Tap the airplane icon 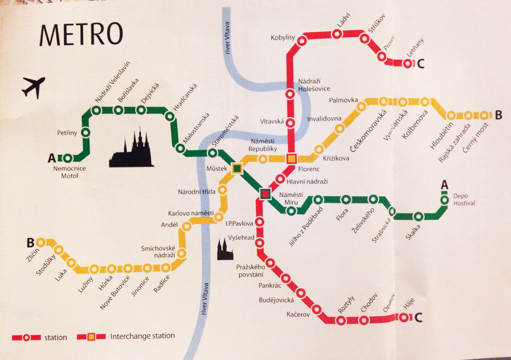click(34, 87)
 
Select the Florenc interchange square click(291, 159)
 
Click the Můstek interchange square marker click(237, 168)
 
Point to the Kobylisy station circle click(302, 41)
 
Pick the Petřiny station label click(67, 133)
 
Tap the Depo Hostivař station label click(464, 200)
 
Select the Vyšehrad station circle click(259, 243)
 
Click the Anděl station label click(169, 225)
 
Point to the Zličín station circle click(40, 242)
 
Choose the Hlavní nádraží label click(307, 182)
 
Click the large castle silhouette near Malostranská click(132, 151)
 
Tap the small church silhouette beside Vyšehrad click(225, 250)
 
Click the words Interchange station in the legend click(142, 336)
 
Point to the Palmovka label click(343, 100)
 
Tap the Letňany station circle click(408, 63)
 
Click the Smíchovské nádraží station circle click(182, 253)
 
